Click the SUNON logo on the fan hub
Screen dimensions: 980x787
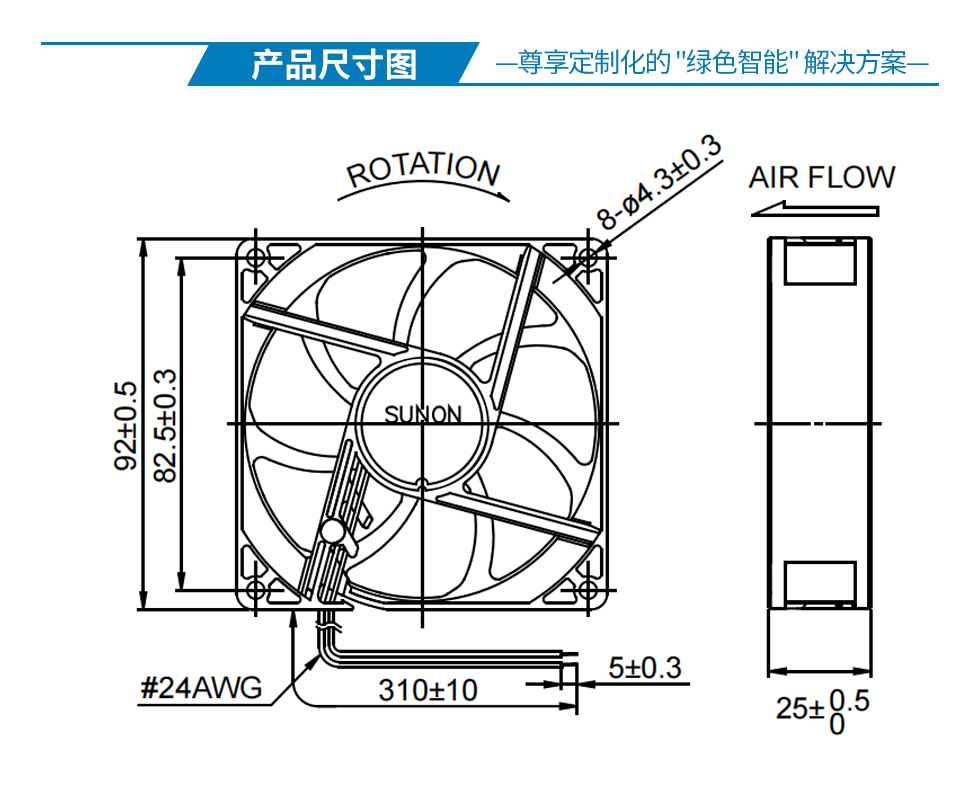point(422,414)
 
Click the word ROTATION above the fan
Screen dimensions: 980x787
point(423,169)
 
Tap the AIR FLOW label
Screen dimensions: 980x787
point(822,178)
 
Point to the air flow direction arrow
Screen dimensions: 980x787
point(815,209)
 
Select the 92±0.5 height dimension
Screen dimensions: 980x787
point(126,425)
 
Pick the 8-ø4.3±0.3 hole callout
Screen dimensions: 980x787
point(659,183)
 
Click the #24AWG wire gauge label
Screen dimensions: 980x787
point(201,688)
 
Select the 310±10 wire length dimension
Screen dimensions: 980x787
point(428,691)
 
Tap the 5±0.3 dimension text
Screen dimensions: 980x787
point(645,668)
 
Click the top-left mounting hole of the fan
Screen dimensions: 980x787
point(256,258)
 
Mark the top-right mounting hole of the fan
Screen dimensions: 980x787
point(588,257)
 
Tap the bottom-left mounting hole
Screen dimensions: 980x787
point(256,589)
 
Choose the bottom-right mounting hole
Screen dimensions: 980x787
point(588,589)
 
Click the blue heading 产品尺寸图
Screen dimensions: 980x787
point(334,64)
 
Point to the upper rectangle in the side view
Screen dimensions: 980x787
point(820,263)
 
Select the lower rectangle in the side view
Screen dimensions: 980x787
point(820,582)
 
